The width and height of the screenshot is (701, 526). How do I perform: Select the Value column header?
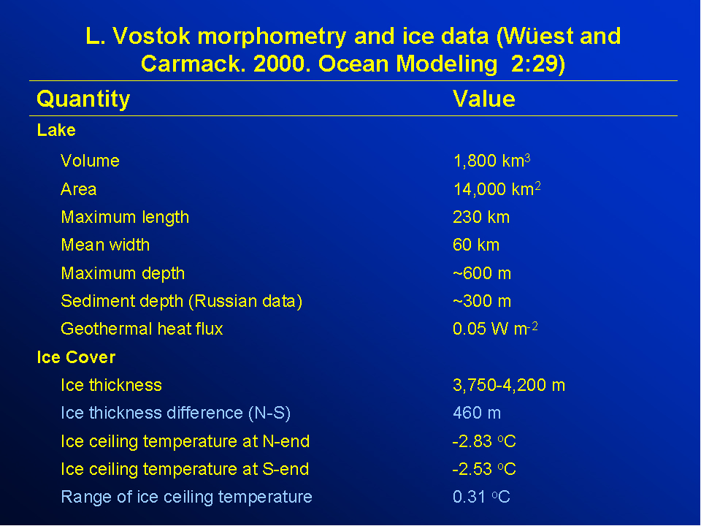(483, 99)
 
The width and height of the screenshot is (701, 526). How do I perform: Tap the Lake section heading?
(56, 130)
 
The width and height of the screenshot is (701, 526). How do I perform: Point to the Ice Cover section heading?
(76, 357)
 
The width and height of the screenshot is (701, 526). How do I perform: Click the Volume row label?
(91, 161)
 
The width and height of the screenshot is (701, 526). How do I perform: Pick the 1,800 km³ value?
(491, 161)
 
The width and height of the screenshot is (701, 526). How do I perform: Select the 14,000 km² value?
(497, 188)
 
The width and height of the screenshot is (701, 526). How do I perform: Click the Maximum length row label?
(125, 218)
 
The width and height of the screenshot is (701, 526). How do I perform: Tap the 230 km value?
(481, 218)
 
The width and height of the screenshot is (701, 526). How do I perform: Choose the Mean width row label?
(105, 245)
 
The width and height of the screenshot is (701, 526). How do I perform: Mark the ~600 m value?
(482, 273)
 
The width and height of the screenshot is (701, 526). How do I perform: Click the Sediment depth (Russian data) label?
(182, 302)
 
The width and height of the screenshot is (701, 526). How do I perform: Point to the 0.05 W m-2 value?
(495, 329)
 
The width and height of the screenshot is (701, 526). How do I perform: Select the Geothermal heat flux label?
(142, 329)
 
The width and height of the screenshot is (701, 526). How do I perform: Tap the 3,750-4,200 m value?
(509, 385)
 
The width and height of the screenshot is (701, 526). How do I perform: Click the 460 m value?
(477, 413)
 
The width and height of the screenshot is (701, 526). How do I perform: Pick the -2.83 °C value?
(484, 441)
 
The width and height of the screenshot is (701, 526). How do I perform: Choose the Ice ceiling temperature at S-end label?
(185, 470)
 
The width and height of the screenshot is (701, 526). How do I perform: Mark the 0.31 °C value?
(481, 497)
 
